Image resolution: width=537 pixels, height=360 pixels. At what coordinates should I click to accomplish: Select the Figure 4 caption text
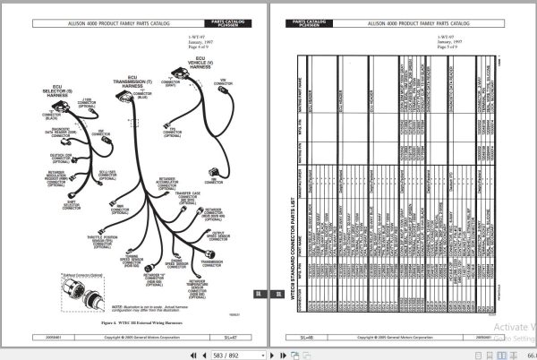tap(134, 318)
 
